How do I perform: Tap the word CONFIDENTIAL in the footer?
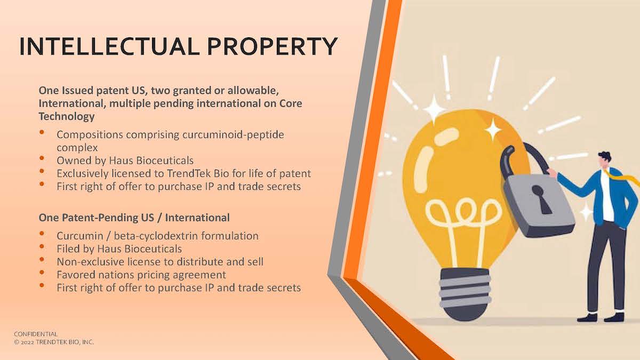[36, 334]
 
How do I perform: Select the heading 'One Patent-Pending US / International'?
[134, 218]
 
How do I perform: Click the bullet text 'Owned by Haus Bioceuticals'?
[125, 159]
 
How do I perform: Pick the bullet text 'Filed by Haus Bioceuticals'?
[119, 249]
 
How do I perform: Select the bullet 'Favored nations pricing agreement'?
[141, 275]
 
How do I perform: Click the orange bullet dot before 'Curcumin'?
[42, 234]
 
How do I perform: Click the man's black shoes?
[600, 317]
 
